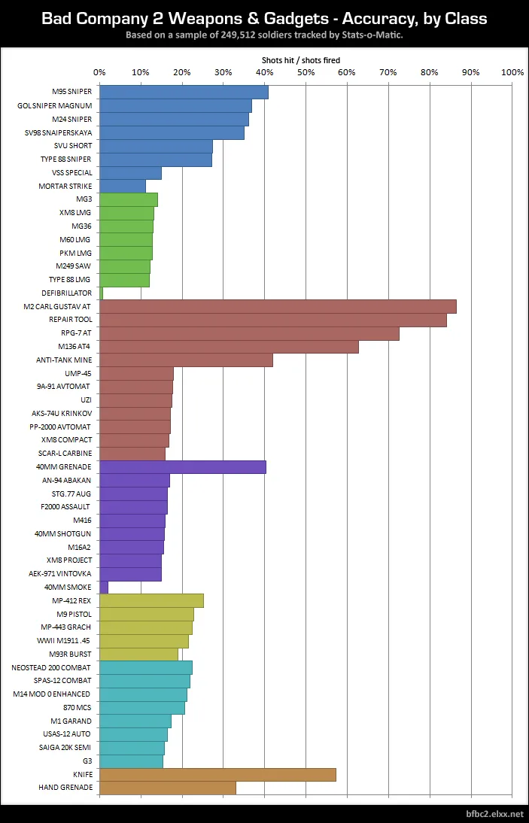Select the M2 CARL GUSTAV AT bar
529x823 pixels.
pos(278,306)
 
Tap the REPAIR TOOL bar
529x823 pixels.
pos(272,320)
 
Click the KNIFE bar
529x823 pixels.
pos(217,774)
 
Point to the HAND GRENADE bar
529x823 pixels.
pos(167,788)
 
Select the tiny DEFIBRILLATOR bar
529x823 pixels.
pos(101,293)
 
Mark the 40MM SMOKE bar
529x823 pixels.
pos(103,587)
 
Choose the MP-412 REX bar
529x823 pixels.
pos(151,600)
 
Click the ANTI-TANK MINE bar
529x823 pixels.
pos(186,360)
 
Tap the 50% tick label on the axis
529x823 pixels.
pos(306,72)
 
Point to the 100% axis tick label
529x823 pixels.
pos(512,72)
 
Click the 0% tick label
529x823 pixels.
pos(99,72)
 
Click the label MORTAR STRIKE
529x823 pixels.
pos(65,186)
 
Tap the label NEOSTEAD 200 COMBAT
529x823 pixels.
pos(51,667)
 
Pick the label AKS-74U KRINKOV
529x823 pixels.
pos(62,413)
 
